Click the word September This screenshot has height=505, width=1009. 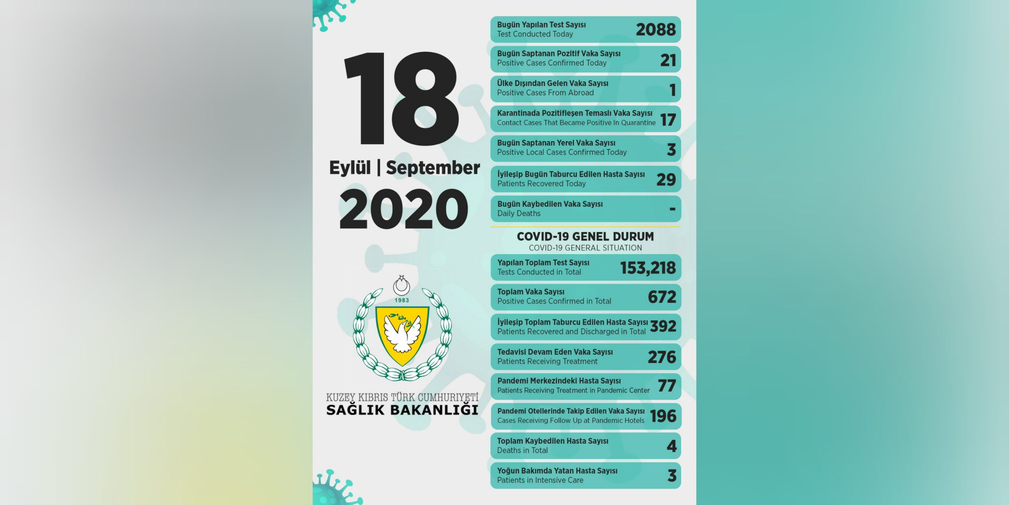pyautogui.click(x=433, y=168)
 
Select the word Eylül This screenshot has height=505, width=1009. pyautogui.click(x=350, y=168)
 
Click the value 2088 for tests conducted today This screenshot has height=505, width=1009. pyautogui.click(x=655, y=30)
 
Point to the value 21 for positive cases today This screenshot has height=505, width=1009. pyautogui.click(x=668, y=60)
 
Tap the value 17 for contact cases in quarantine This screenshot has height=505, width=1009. pyautogui.click(x=668, y=120)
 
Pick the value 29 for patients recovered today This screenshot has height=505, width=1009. pyautogui.click(x=666, y=180)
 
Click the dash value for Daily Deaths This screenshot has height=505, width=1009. pyautogui.click(x=672, y=209)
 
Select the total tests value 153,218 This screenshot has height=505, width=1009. pyautogui.click(x=648, y=268)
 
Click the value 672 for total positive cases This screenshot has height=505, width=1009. pyautogui.click(x=662, y=297)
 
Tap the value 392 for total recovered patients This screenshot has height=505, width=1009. pyautogui.click(x=663, y=326)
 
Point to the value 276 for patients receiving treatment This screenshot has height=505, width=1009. pyautogui.click(x=662, y=357)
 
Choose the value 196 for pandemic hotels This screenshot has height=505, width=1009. pyautogui.click(x=663, y=416)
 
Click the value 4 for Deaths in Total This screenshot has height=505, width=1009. pyautogui.click(x=672, y=446)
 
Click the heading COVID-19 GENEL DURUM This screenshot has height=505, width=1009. pyautogui.click(x=585, y=236)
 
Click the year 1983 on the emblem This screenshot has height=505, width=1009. pyautogui.click(x=402, y=300)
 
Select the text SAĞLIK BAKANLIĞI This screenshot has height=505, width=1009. pyautogui.click(x=402, y=410)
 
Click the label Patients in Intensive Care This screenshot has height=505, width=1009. pyautogui.click(x=540, y=480)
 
